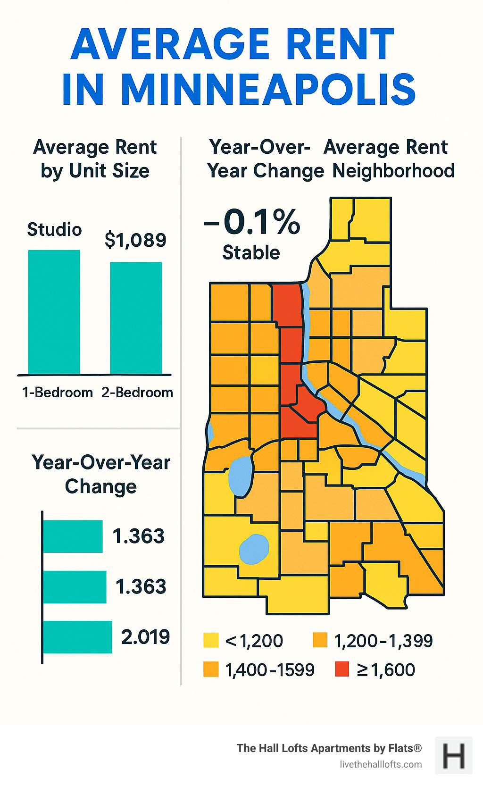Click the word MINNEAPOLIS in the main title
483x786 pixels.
click(268, 90)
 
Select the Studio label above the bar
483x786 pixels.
click(55, 230)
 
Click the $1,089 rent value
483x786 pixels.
click(135, 240)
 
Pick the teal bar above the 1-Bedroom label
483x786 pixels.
click(54, 312)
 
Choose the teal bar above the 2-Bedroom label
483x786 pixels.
click(136, 318)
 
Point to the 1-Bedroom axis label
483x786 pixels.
click(58, 393)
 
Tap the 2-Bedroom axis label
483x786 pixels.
click(137, 393)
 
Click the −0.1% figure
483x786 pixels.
click(252, 222)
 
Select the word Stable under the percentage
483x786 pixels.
click(251, 253)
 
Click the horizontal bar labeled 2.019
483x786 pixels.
click(78, 637)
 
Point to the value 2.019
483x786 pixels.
click(145, 637)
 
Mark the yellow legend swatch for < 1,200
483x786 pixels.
click(211, 640)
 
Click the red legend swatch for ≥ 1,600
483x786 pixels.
click(341, 669)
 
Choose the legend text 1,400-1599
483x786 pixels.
click(270, 670)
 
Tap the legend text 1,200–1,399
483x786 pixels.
click(383, 641)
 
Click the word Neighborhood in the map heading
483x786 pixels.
click(393, 171)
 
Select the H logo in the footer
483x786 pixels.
click(453, 755)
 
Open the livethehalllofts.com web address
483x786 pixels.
click(381, 764)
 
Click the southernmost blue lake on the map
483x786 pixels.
click(254, 549)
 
